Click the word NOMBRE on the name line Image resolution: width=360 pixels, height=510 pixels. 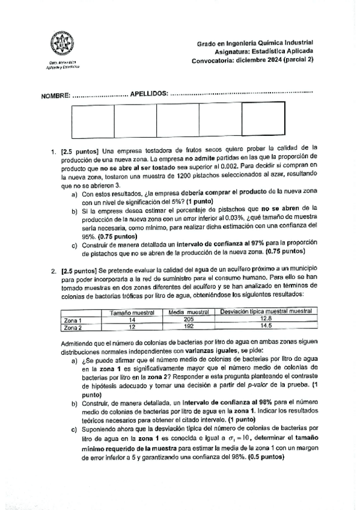point(55,96)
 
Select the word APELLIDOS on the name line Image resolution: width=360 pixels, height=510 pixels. point(149,95)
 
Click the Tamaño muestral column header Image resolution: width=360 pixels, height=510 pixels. point(132,313)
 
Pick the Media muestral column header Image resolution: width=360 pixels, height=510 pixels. point(188,313)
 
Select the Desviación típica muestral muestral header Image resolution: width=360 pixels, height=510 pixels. point(266,312)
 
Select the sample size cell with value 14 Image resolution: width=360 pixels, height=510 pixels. point(132,320)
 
